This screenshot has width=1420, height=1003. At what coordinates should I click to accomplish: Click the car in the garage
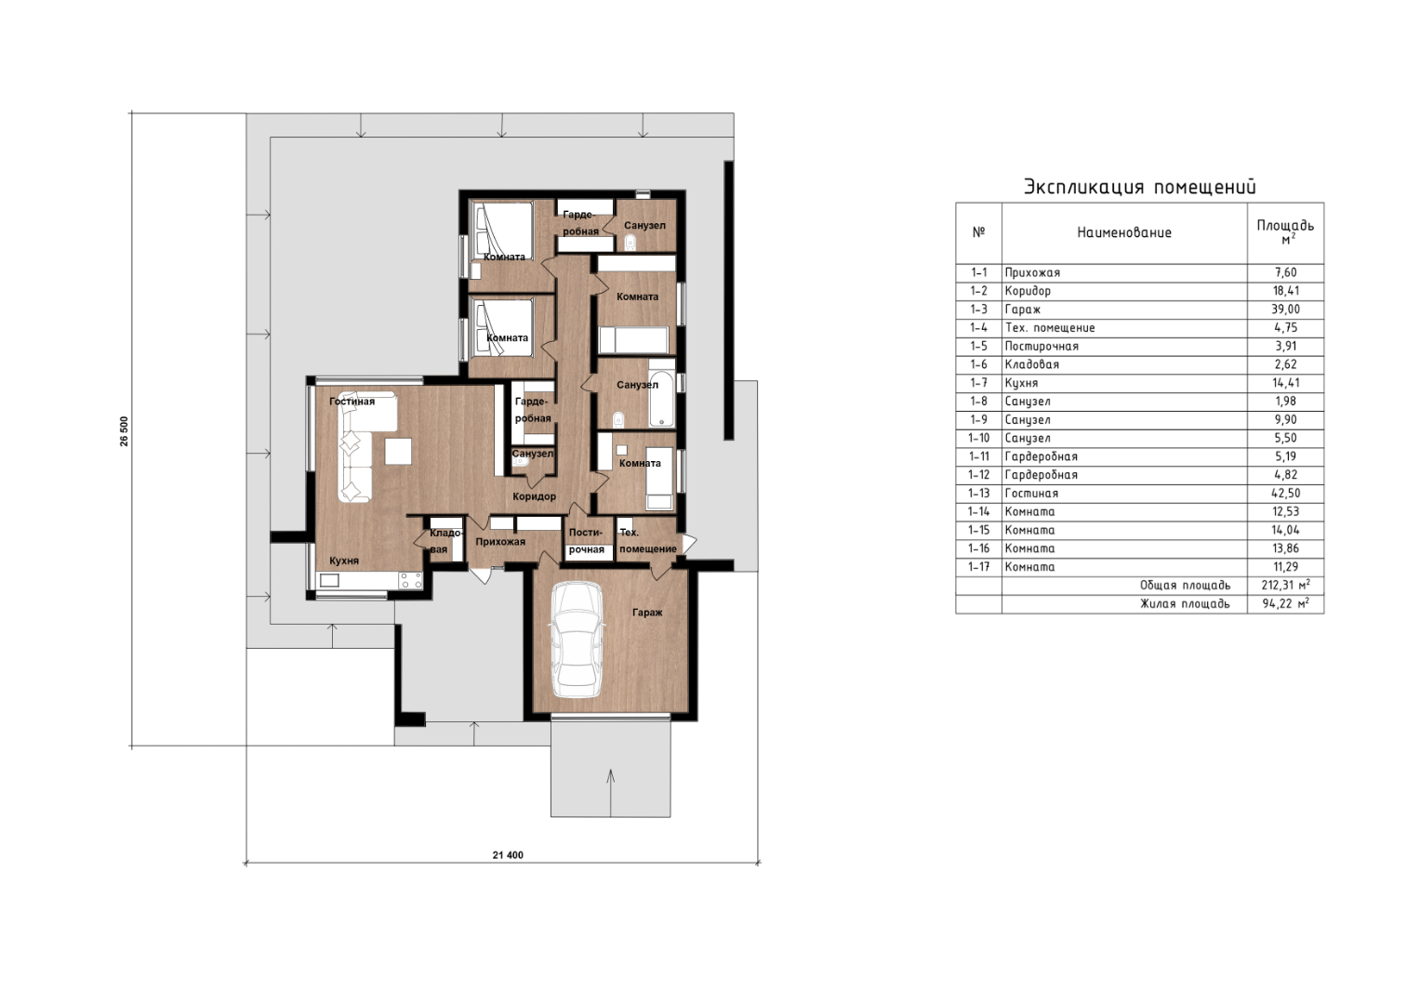(x=577, y=640)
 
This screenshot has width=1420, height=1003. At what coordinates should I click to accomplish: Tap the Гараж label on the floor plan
(x=647, y=613)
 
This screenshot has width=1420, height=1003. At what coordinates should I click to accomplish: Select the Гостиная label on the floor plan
(x=352, y=401)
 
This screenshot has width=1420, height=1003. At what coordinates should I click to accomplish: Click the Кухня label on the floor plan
(x=344, y=561)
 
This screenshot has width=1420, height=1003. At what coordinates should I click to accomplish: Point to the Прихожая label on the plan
(x=500, y=542)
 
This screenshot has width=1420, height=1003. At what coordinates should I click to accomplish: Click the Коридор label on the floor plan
(x=535, y=496)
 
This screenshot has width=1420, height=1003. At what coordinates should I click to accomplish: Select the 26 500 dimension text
(x=125, y=431)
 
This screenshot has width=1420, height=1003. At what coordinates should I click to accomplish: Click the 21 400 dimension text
(x=508, y=855)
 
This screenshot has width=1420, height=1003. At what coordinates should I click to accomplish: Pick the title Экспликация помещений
(x=1140, y=187)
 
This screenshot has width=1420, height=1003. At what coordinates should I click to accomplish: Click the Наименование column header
(x=1124, y=232)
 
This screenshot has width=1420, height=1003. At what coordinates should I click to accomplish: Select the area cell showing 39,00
(x=1285, y=310)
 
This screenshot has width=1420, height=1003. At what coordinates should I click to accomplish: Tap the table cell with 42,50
(x=1285, y=493)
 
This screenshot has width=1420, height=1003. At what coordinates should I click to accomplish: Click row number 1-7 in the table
(x=979, y=383)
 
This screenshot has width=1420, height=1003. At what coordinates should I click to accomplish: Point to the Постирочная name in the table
(x=1042, y=346)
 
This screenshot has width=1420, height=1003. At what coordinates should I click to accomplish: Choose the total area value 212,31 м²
(x=1285, y=585)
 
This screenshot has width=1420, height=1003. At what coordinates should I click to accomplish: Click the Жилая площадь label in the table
(x=1185, y=603)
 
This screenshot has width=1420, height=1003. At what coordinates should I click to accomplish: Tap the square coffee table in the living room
(x=398, y=452)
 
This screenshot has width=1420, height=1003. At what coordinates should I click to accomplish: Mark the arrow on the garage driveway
(x=610, y=792)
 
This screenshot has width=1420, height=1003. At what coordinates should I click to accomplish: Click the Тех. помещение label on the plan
(x=648, y=540)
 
